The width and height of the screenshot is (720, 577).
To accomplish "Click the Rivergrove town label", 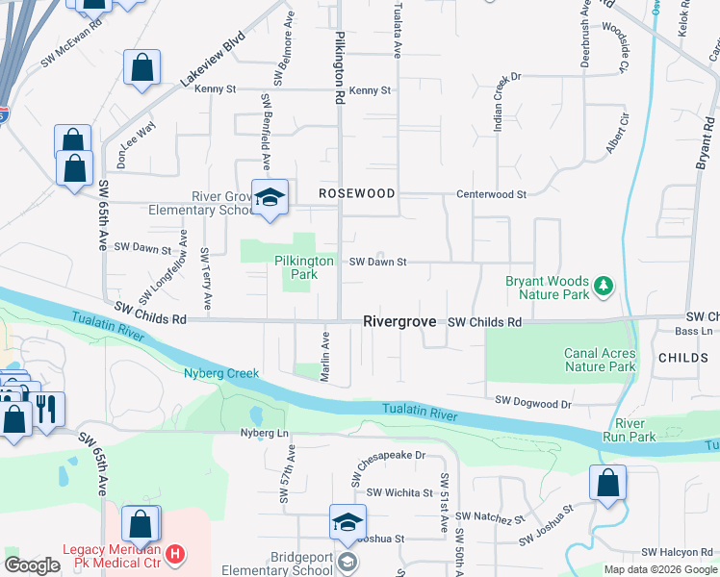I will point(399,321).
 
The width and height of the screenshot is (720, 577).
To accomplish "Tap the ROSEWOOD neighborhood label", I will point(357,193).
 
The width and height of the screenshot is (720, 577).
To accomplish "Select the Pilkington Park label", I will point(303,267).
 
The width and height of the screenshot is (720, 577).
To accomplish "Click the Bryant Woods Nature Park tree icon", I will point(604,285).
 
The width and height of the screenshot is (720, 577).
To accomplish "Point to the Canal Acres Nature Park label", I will point(599,360).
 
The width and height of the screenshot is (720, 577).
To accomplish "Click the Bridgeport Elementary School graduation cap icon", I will point(347,522).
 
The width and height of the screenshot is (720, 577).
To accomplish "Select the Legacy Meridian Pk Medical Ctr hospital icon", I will point(174,554).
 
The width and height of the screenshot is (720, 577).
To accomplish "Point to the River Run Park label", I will point(635,430).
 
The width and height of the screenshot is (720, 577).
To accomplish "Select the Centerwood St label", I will point(491,193).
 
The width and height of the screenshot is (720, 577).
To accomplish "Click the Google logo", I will point(32,565).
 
